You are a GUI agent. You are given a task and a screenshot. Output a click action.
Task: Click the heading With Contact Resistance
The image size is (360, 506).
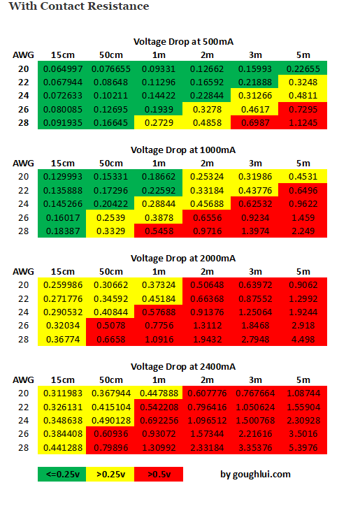(79, 6)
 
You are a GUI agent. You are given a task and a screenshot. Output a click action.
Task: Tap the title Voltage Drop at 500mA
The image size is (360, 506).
(183, 42)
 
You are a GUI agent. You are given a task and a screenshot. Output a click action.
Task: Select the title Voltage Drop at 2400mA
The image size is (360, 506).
(183, 367)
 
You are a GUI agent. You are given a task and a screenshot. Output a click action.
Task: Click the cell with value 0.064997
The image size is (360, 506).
(62, 68)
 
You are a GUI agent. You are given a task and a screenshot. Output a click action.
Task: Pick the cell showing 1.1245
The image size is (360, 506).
(303, 122)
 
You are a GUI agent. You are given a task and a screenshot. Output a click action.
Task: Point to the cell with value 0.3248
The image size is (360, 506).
(303, 82)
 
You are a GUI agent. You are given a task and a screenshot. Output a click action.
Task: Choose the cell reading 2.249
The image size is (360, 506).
(303, 231)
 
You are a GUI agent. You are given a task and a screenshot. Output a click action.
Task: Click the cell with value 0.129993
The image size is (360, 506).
(62, 177)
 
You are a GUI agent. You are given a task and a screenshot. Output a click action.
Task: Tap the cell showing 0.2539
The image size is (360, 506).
(110, 217)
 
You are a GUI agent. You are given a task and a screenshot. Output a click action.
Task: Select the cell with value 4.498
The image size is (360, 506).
(303, 339)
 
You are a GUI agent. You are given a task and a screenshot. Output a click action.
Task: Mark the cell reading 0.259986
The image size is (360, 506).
(62, 284)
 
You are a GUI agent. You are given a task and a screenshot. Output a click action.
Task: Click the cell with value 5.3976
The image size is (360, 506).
(303, 447)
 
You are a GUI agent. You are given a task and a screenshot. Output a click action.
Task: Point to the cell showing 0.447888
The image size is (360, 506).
(158, 393)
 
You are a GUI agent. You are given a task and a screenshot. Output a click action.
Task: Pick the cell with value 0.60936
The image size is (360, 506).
(110, 434)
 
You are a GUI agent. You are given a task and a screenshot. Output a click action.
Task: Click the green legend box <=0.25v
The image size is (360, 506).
(62, 474)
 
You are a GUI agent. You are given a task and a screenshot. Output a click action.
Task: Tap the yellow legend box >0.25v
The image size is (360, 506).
(110, 474)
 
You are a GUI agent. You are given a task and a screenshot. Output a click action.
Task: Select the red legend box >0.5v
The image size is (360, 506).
(159, 474)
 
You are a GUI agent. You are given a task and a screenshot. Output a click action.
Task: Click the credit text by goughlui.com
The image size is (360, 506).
(255, 474)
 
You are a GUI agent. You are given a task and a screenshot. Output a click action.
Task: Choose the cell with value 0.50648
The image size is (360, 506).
(207, 284)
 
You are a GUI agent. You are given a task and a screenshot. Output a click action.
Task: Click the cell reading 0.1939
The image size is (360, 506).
(158, 110)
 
